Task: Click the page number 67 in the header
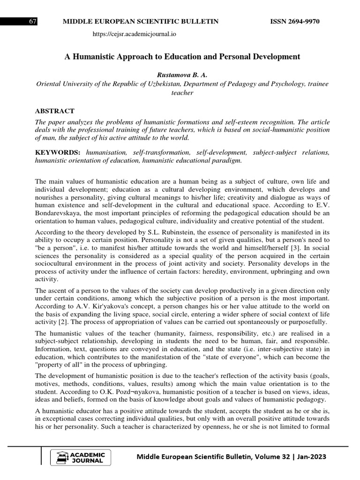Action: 33,22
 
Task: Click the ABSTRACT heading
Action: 55,111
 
